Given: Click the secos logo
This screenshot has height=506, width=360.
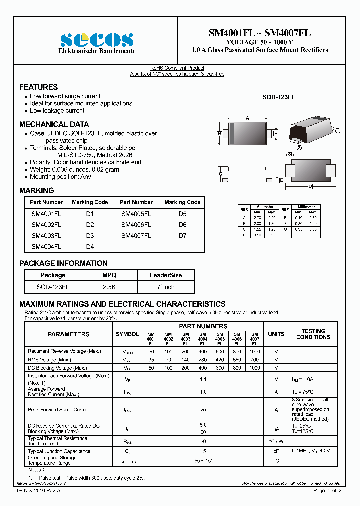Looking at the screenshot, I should (97, 39).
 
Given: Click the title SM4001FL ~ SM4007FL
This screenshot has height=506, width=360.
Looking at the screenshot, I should (260, 33).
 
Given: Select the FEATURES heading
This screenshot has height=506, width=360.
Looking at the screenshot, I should (38, 87).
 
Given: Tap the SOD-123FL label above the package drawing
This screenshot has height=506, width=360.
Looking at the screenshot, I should (278, 98).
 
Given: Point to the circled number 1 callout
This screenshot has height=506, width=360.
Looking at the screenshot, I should (338, 131).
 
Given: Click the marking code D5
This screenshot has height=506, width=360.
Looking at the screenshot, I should (182, 214).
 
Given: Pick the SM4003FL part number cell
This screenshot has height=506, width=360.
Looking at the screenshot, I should (46, 236).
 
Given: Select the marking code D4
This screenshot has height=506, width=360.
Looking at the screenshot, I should (90, 247).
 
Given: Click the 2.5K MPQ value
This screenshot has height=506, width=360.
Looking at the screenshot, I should (109, 287).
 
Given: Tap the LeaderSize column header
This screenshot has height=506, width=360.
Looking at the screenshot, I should (166, 275).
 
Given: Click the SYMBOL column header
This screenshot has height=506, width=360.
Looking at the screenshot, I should (128, 334).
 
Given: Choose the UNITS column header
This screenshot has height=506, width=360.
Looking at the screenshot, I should (276, 334).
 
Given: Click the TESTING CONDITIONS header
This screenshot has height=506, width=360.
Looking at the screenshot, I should (313, 334).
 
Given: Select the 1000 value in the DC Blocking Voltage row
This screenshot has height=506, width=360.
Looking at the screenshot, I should (254, 368).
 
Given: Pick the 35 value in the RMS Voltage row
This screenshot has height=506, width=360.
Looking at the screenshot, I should (151, 360).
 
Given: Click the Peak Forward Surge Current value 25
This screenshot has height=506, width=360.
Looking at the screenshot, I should (203, 410).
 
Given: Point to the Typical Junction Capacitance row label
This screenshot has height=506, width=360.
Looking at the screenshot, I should (59, 451).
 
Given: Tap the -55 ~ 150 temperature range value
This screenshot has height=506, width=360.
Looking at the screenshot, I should (203, 460).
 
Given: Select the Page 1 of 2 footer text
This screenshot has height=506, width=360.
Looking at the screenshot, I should (327, 491).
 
